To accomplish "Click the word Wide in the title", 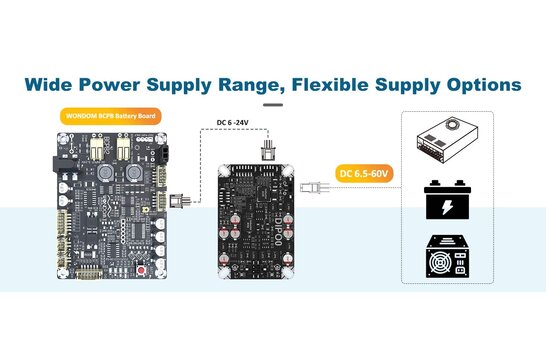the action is click(51, 84).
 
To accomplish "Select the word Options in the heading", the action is click(479, 84).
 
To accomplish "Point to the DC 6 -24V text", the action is click(237, 124).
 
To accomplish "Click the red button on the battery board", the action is click(149, 271).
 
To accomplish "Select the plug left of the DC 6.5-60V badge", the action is click(316, 186).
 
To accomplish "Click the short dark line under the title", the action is click(272, 104).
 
